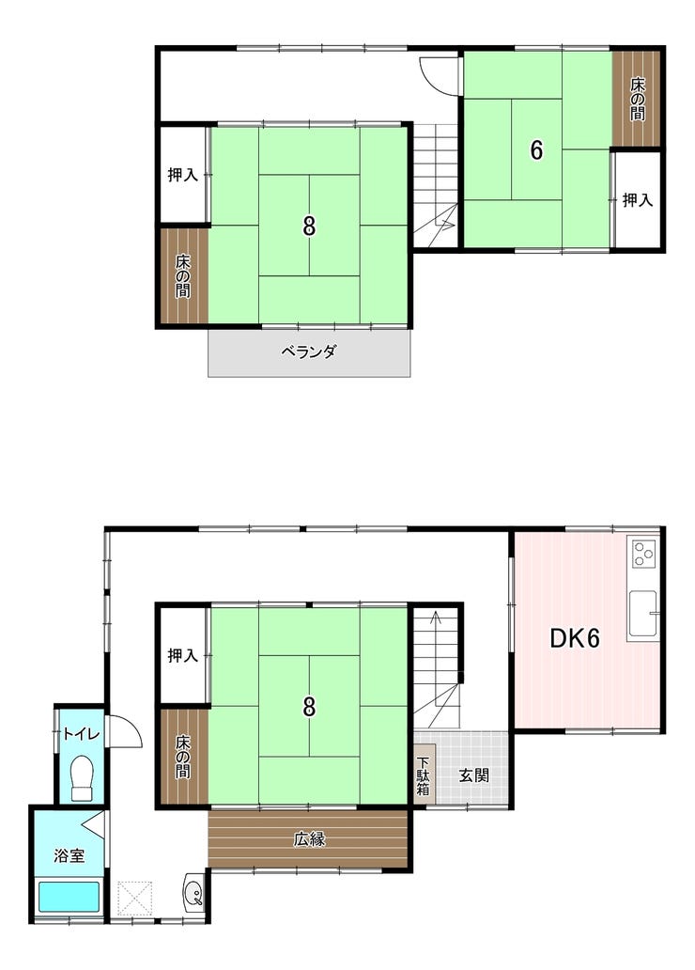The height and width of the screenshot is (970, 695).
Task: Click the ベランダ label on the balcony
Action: tap(309, 352)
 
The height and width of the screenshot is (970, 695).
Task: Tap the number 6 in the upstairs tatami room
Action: tap(536, 150)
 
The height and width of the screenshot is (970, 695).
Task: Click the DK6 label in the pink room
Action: tap(575, 638)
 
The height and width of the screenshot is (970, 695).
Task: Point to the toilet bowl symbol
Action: tap(82, 777)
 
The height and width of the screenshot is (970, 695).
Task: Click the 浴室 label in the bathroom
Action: tap(69, 856)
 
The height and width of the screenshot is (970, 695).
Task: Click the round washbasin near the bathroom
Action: tap(194, 893)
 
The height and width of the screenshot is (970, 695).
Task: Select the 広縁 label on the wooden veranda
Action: tap(309, 839)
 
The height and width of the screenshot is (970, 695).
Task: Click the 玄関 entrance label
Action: tap(473, 775)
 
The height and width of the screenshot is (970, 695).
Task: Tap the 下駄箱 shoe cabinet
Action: tap(424, 776)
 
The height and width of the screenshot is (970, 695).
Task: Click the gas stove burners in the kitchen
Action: tap(644, 554)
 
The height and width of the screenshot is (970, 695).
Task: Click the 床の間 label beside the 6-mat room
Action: tap(638, 99)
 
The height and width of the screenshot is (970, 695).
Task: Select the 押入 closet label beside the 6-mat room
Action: tap(638, 200)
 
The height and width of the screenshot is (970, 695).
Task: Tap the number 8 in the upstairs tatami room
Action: tap(309, 226)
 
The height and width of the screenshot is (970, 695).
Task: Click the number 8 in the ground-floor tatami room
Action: tap(309, 707)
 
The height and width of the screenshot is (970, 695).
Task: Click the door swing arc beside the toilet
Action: tap(126, 731)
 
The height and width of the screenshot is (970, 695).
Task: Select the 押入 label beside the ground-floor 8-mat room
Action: tap(182, 656)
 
